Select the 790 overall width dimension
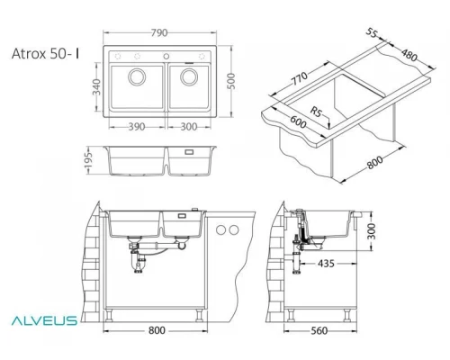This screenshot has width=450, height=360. pos(169,32)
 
